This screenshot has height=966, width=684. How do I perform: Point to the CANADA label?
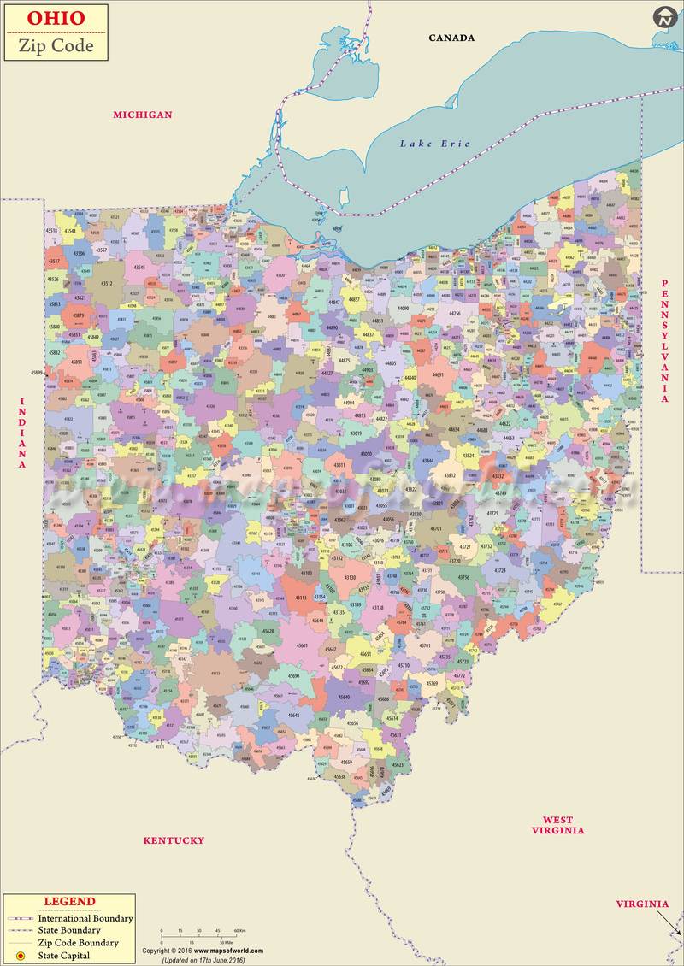point(451,38)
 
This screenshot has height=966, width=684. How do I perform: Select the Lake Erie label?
point(435,144)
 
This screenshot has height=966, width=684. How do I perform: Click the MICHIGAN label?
point(143,115)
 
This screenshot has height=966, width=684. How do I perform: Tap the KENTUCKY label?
point(174,840)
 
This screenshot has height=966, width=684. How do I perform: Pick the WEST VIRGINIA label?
point(557,825)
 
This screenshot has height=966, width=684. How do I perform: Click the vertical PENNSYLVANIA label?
point(663,341)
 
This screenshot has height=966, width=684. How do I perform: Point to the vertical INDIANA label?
point(23,433)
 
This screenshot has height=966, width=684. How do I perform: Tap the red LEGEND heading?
point(69,902)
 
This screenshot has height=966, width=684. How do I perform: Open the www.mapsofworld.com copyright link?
point(228,951)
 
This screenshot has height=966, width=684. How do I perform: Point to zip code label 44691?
point(438,374)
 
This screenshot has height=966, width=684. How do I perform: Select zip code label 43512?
point(107,283)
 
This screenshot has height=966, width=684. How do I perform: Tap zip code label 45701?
point(425,645)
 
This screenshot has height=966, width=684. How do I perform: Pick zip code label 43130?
point(350,578)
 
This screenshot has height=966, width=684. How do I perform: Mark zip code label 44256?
point(455,314)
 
